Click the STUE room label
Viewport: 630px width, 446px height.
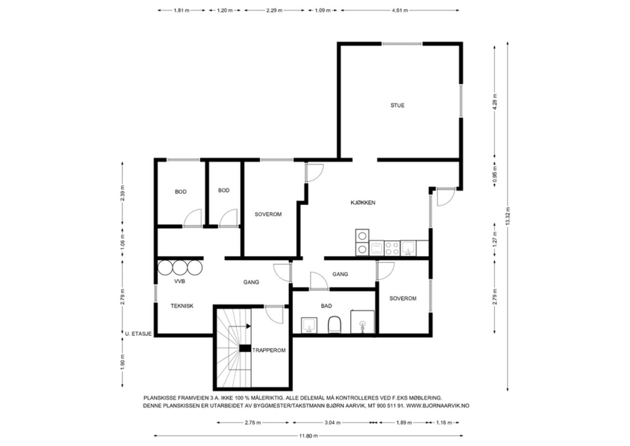(x=397, y=106)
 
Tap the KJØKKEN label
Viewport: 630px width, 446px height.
(x=363, y=203)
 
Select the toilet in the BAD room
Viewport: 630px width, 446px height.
(x=334, y=324)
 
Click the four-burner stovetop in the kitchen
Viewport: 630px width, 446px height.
(x=392, y=248)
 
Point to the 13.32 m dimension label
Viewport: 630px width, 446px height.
(x=508, y=216)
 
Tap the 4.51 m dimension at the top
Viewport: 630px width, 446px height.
(x=400, y=10)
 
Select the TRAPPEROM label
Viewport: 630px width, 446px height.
(x=269, y=350)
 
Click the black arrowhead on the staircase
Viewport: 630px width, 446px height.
(x=248, y=326)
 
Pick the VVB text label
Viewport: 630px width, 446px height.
(x=180, y=281)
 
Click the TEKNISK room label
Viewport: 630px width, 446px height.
(x=182, y=306)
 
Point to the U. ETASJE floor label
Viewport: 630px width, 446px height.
(x=138, y=334)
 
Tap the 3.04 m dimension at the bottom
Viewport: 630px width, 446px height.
(x=332, y=423)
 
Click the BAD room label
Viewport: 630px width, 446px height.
(x=326, y=306)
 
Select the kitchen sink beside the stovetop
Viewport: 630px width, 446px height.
(x=408, y=248)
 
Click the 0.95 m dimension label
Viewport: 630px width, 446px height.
(x=495, y=174)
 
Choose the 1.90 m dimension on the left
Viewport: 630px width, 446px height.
(x=122, y=362)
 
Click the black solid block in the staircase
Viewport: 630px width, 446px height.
(x=245, y=348)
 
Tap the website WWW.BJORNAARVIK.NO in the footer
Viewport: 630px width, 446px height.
(x=438, y=406)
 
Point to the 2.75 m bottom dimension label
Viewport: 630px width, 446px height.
(x=252, y=423)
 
